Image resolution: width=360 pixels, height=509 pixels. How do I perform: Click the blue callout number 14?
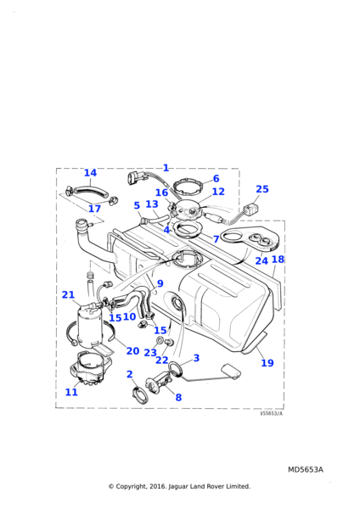click(90, 173)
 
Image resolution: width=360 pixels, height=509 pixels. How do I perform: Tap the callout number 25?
click(262, 189)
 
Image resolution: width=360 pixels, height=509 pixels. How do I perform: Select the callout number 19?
click(267, 362)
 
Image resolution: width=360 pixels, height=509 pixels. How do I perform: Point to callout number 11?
click(71, 392)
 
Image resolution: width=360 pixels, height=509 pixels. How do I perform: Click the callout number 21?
click(68, 294)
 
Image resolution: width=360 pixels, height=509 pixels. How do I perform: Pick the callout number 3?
click(196, 358)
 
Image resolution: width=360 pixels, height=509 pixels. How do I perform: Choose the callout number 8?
click(178, 397)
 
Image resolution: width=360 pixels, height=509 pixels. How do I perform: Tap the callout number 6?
click(216, 178)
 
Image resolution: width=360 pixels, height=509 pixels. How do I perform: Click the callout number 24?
click(262, 260)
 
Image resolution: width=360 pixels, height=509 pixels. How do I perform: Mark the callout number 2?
click(130, 374)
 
